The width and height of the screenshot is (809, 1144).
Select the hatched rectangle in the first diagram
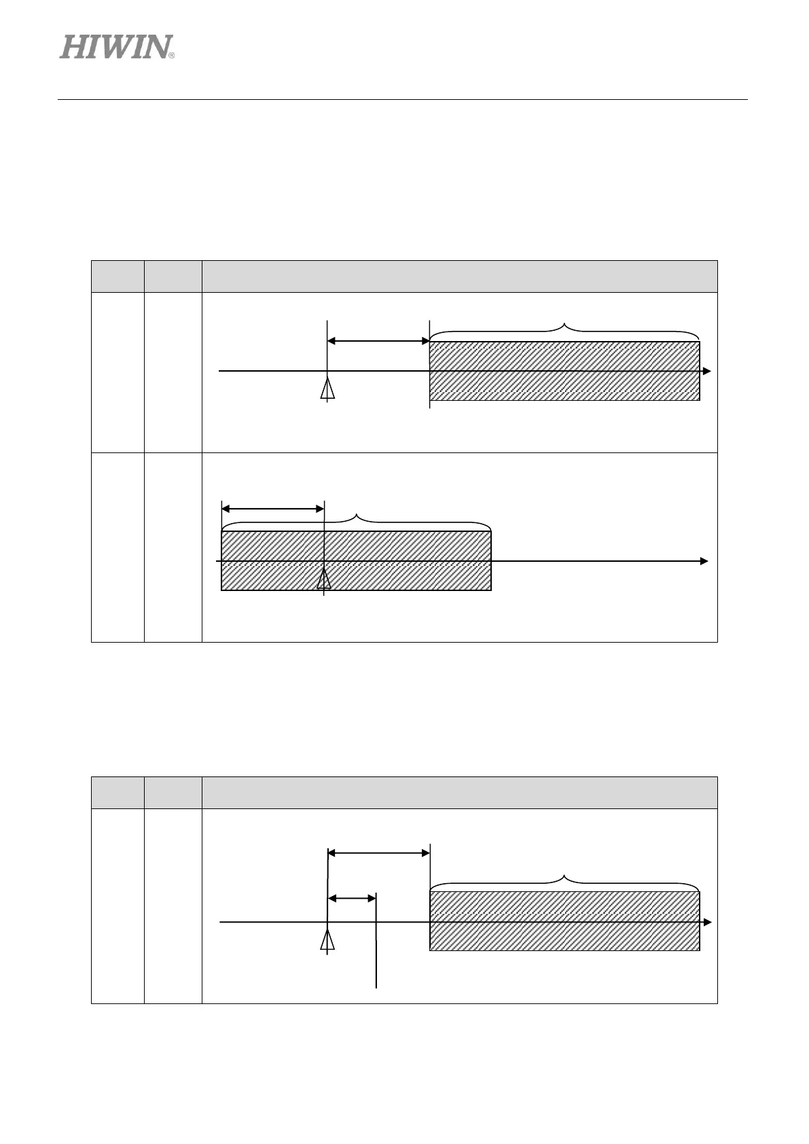click(x=564, y=371)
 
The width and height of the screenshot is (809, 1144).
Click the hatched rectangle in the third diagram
click(x=564, y=921)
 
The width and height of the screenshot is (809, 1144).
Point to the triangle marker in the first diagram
click(x=327, y=389)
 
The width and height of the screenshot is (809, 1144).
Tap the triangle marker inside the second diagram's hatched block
click(x=324, y=578)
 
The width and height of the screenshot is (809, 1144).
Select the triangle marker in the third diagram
click(x=327, y=940)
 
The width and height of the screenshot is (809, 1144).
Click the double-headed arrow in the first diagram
click(x=378, y=340)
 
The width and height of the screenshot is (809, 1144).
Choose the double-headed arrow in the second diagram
click(x=272, y=508)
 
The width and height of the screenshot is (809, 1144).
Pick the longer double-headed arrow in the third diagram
click(x=378, y=853)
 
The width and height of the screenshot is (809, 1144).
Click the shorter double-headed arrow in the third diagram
click(x=352, y=898)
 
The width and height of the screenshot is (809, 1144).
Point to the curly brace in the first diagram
click(x=564, y=329)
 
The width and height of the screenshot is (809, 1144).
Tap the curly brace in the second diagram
click(x=356, y=520)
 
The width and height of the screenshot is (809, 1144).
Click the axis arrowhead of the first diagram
click(x=707, y=371)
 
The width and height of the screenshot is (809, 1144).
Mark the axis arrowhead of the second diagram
click(x=704, y=561)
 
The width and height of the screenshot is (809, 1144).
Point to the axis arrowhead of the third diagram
click(x=707, y=922)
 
